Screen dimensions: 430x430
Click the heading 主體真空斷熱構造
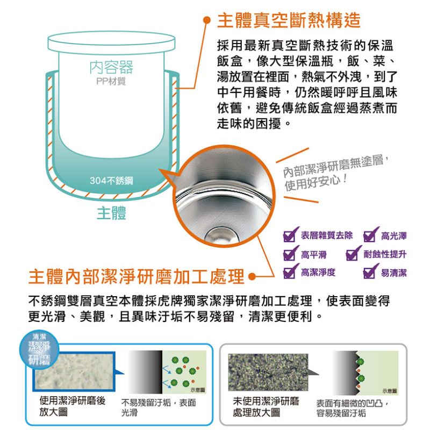[289, 20]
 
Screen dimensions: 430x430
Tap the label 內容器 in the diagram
[111, 67]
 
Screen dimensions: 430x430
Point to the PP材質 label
[111, 81]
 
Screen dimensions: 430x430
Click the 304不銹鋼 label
[111, 181]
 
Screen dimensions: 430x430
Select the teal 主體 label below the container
[111, 213]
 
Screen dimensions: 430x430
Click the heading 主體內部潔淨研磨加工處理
[137, 276]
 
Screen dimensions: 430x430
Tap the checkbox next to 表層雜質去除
[290, 235]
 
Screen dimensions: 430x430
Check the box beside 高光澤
[371, 235]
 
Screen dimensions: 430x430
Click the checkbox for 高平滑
[290, 253]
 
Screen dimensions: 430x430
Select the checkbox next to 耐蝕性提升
[354, 253]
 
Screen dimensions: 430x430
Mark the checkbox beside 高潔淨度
[290, 271]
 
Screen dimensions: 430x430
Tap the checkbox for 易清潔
[371, 271]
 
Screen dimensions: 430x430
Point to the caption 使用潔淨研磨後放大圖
[72, 406]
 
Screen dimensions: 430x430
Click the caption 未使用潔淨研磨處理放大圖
[266, 407]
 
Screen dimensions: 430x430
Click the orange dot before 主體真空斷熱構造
[206, 20]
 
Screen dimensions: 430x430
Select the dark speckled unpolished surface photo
[268, 372]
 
